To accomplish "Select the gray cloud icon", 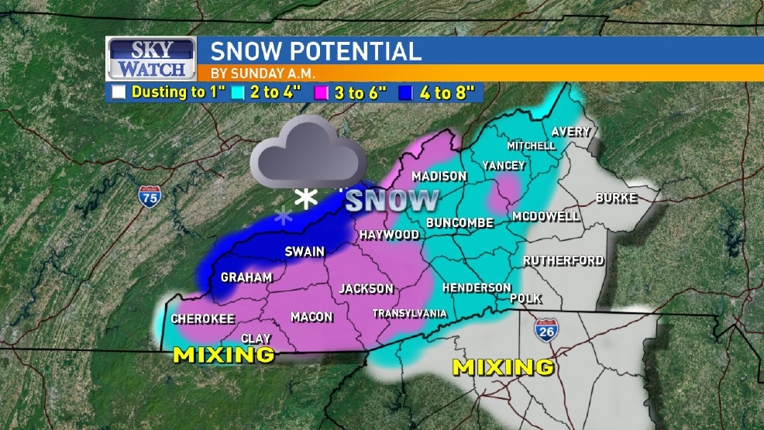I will pyautogui.click(x=308, y=153).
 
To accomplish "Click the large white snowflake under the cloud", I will pyautogui.click(x=306, y=199).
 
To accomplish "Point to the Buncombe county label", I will pyautogui.click(x=459, y=223).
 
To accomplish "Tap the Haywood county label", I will pyautogui.click(x=389, y=234).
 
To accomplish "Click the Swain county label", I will pyautogui.click(x=305, y=251).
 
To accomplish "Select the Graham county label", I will pyautogui.click(x=246, y=277).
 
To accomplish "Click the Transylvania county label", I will pyautogui.click(x=410, y=314).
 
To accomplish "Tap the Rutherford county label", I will pyautogui.click(x=563, y=260).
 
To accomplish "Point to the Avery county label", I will pyautogui.click(x=571, y=132).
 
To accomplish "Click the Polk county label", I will pyautogui.click(x=525, y=298).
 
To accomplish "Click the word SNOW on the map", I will pyautogui.click(x=392, y=201).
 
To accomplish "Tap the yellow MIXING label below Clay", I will pyautogui.click(x=223, y=355).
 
